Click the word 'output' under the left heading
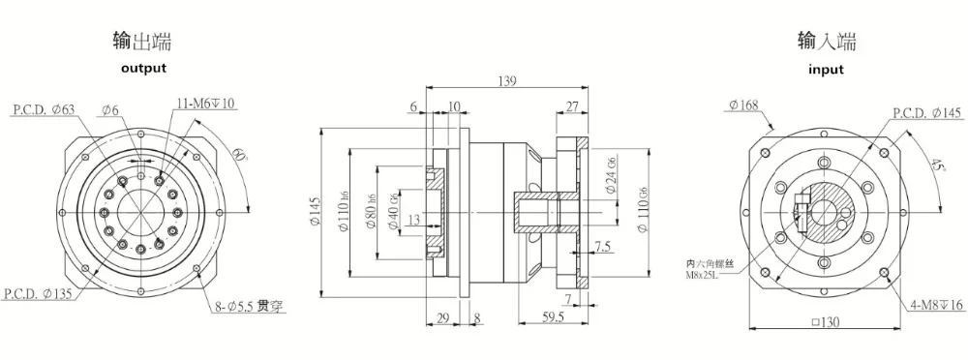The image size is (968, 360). click(x=143, y=68)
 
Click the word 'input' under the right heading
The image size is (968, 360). click(x=826, y=69)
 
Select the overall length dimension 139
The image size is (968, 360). click(x=505, y=81)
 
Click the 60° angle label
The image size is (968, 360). click(x=237, y=154)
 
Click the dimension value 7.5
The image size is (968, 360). click(x=603, y=247)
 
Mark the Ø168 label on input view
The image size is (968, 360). click(x=745, y=105)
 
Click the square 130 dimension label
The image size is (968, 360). click(x=826, y=322)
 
